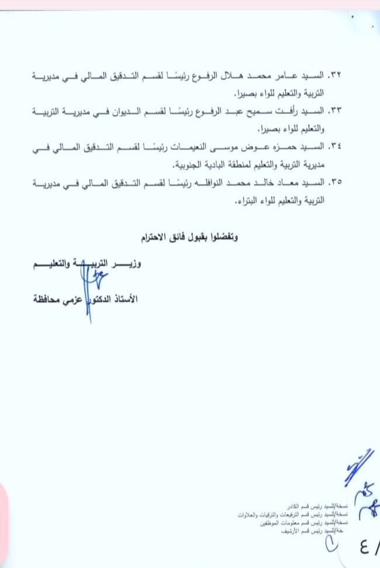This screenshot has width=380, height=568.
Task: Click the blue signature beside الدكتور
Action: [x=88, y=287]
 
